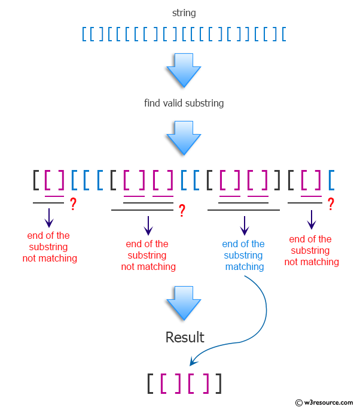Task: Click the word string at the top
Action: (x=184, y=13)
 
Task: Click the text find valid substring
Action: (x=184, y=103)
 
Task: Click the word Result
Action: (x=185, y=338)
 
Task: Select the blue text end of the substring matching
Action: (x=243, y=255)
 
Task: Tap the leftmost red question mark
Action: (x=73, y=204)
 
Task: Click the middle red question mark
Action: (x=182, y=210)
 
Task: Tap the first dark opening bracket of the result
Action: (x=150, y=383)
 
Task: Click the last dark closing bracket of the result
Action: (x=219, y=383)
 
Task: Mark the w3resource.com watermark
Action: (x=325, y=403)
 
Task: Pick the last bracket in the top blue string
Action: (x=283, y=34)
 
